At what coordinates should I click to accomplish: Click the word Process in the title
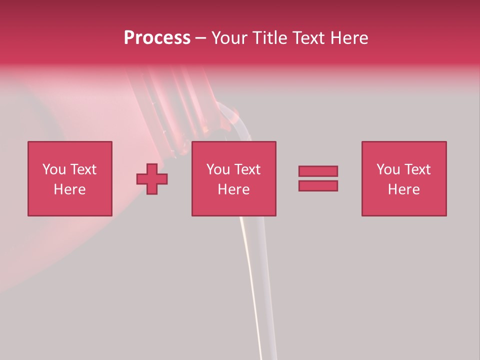coord(157,38)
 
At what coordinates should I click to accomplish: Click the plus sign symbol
coord(152,179)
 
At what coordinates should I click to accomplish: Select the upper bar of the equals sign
coord(318,171)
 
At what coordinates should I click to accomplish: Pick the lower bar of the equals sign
coord(318,185)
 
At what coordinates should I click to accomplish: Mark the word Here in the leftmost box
coord(69,189)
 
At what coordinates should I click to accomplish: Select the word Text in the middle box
coord(247,169)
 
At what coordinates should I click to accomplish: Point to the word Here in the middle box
coord(233,189)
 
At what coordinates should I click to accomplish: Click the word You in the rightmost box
coord(388,169)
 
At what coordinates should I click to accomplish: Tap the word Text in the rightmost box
coord(417,169)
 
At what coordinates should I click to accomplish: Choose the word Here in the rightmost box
coord(403,189)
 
